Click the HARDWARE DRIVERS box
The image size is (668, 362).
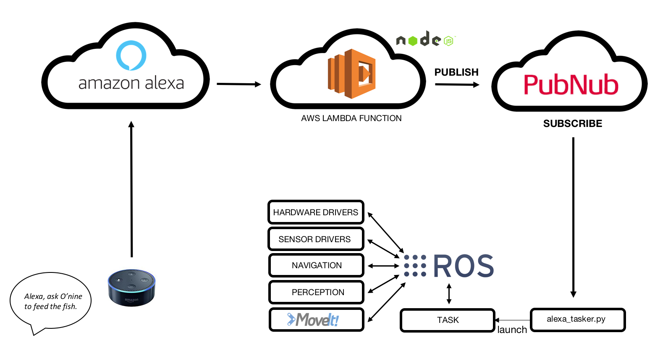point(316,212)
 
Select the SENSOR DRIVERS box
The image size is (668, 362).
point(316,239)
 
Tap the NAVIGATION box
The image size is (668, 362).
point(316,265)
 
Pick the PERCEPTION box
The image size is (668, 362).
point(316,292)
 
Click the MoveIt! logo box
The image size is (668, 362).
point(316,320)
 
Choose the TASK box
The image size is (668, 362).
point(448,320)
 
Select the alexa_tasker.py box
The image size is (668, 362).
point(578,320)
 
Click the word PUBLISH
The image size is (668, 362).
point(456,72)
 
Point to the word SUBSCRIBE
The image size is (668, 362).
point(573,124)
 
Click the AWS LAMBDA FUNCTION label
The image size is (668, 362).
point(351,119)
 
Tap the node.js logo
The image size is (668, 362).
point(425,40)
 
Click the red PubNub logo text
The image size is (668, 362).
point(571,85)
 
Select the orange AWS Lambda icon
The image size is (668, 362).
point(352,74)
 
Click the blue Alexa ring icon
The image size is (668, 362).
point(131,55)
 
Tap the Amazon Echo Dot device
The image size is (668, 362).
point(131,288)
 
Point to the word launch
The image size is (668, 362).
point(512,330)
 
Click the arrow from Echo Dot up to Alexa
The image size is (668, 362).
point(131,189)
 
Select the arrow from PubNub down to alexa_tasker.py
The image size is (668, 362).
point(573,217)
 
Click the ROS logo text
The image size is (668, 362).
point(463,266)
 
